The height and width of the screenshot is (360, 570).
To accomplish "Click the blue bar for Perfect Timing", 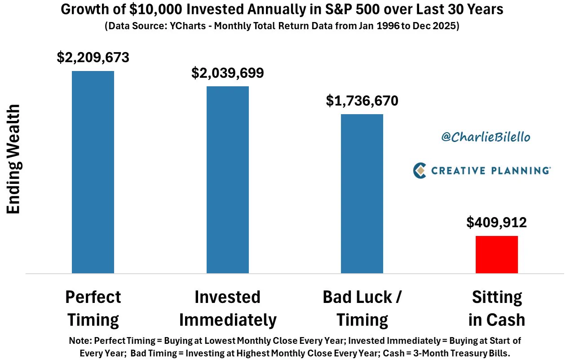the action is tap(93, 172).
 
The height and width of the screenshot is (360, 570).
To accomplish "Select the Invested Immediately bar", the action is tap(227, 180).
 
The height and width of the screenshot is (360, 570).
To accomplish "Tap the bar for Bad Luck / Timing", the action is tap(362, 194).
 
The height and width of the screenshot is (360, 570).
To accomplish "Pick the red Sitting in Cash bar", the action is tap(497, 254).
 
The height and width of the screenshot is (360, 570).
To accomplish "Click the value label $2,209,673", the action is tap(93, 57).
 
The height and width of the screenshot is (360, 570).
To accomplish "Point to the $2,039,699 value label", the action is tap(227, 73).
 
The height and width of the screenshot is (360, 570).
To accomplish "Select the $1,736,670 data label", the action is tap(362, 101).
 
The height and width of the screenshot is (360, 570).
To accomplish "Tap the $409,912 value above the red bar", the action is tap(496, 222).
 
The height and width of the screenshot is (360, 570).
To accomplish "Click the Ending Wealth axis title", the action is tap(13, 159).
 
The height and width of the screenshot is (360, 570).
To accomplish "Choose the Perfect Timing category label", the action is tap(93, 308).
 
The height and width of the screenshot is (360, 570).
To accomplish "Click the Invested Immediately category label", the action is tap(228, 308).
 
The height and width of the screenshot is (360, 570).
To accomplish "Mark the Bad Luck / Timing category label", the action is tap(362, 308).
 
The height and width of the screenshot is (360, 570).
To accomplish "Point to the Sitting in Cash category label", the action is tap(497, 308).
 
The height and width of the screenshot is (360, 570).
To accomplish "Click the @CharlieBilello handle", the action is tap(486, 137).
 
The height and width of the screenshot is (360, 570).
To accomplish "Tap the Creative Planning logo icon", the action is tap(420, 170).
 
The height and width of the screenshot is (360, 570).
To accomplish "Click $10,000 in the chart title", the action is tap(155, 9).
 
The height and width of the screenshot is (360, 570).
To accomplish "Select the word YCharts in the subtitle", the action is tap(188, 26).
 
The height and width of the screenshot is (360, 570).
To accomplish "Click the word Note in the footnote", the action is tap(79, 341).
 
